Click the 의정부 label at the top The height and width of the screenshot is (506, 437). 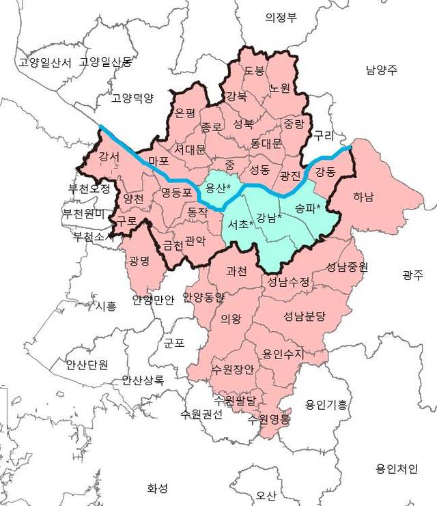point(281,18)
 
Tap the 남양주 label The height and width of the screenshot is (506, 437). point(381,70)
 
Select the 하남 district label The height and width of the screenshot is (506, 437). point(363,198)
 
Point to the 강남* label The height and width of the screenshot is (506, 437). point(269,218)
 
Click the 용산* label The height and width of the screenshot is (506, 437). point(218,188)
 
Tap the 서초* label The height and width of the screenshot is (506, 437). point(241,224)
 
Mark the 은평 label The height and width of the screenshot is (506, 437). point(185,112)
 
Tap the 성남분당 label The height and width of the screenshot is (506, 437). point(305,316)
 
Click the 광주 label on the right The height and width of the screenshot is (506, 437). point(412,275)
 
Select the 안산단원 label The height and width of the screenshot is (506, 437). point(87,364)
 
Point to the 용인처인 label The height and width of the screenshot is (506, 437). point(396,468)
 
